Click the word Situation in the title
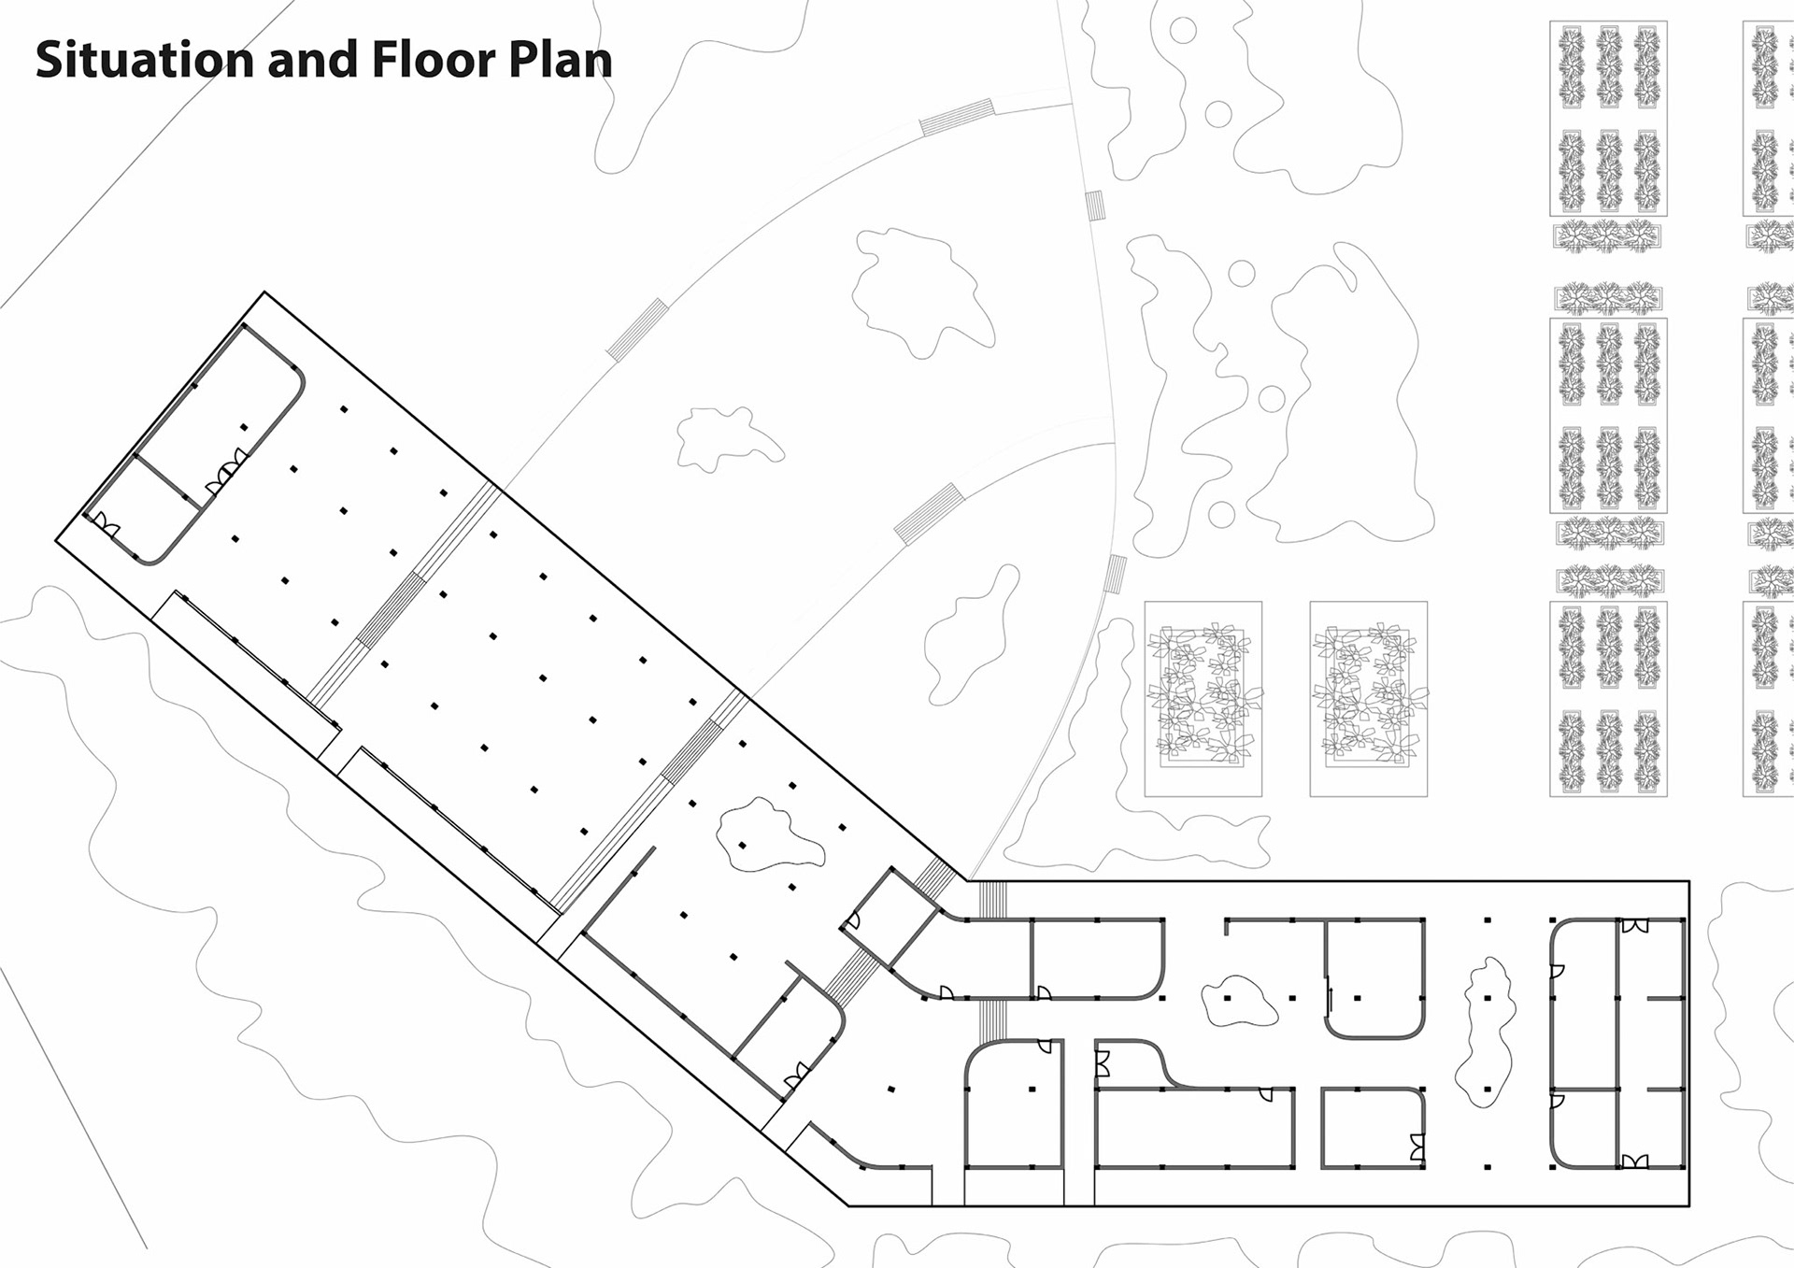[145, 59]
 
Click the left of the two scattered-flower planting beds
[1203, 699]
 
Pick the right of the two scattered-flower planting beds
[1369, 699]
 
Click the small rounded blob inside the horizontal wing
[1238, 1000]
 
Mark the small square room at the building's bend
[890, 918]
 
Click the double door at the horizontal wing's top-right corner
[1635, 926]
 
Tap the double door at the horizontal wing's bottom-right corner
[1635, 1161]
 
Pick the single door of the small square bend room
[851, 921]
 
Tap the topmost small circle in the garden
[1183, 30]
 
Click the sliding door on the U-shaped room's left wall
[1330, 994]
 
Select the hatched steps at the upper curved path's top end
[956, 118]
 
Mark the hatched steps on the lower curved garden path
[929, 513]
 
